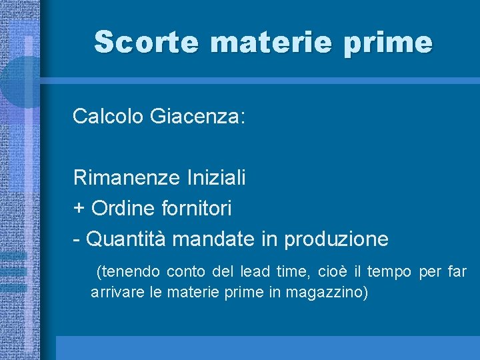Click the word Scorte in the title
(x=146, y=42)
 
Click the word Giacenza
(x=198, y=117)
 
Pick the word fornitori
(x=197, y=209)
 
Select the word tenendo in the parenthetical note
(x=129, y=272)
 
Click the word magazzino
(x=329, y=293)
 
